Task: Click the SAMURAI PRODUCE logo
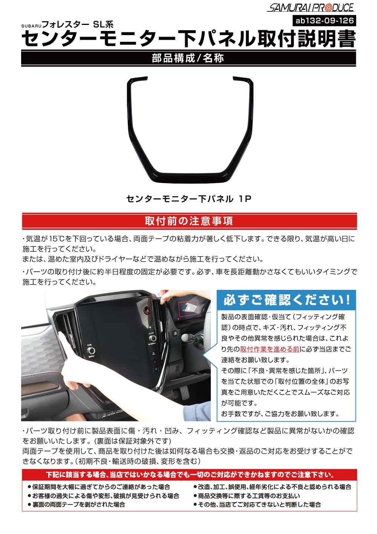pos(311,8)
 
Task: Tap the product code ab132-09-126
pos(324,20)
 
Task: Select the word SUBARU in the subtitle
pos(31,26)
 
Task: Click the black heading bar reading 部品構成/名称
pos(188,58)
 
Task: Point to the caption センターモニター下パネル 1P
pos(188,199)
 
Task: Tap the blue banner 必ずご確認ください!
pos(286,300)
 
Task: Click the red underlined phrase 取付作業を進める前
pos(270,349)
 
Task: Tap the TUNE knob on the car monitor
pos(91,351)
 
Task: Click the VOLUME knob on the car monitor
pos(152,338)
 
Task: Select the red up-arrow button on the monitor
pos(155,362)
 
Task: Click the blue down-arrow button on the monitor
pos(156,369)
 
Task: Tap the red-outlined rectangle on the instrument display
pos(188,308)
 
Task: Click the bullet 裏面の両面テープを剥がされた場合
pos(77,505)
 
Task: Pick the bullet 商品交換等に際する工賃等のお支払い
pos(247,496)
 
